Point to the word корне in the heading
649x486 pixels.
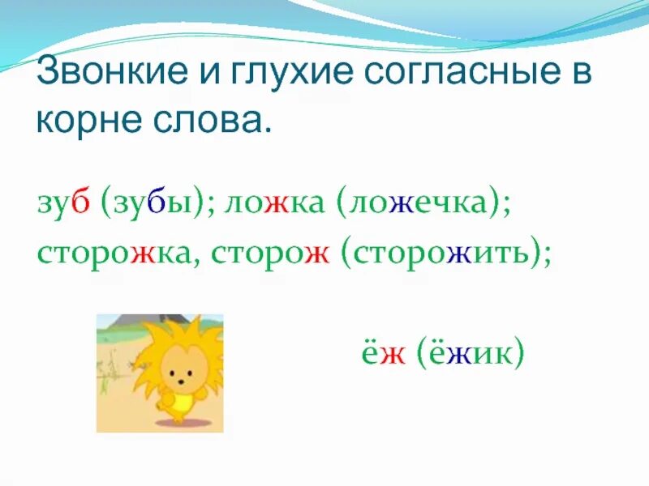tap(88, 121)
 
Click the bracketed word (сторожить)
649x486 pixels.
tap(445, 253)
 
